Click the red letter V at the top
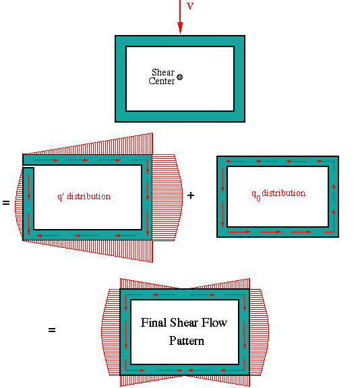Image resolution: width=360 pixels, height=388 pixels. tap(190, 5)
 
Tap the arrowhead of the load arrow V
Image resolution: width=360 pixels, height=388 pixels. tap(180, 28)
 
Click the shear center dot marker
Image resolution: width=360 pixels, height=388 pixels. tap(180, 77)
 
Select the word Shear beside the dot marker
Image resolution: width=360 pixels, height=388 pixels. tap(163, 72)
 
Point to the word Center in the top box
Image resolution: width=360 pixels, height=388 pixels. tap(162, 81)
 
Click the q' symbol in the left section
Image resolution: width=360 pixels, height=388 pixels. tap(61, 197)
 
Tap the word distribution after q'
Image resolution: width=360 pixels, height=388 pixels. tap(89, 196)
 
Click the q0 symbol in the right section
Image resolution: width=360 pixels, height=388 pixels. tap(256, 195)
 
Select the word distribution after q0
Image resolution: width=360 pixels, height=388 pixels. tap(284, 193)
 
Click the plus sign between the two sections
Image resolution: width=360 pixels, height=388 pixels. tap(191, 195)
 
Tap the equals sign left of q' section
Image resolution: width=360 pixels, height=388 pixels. tap(6, 203)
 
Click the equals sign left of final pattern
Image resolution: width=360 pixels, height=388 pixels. tap(52, 330)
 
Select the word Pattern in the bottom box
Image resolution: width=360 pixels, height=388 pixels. tap(187, 341)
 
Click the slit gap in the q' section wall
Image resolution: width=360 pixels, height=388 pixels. tap(28, 166)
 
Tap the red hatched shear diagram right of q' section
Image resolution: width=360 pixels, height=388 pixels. tap(167, 197)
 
